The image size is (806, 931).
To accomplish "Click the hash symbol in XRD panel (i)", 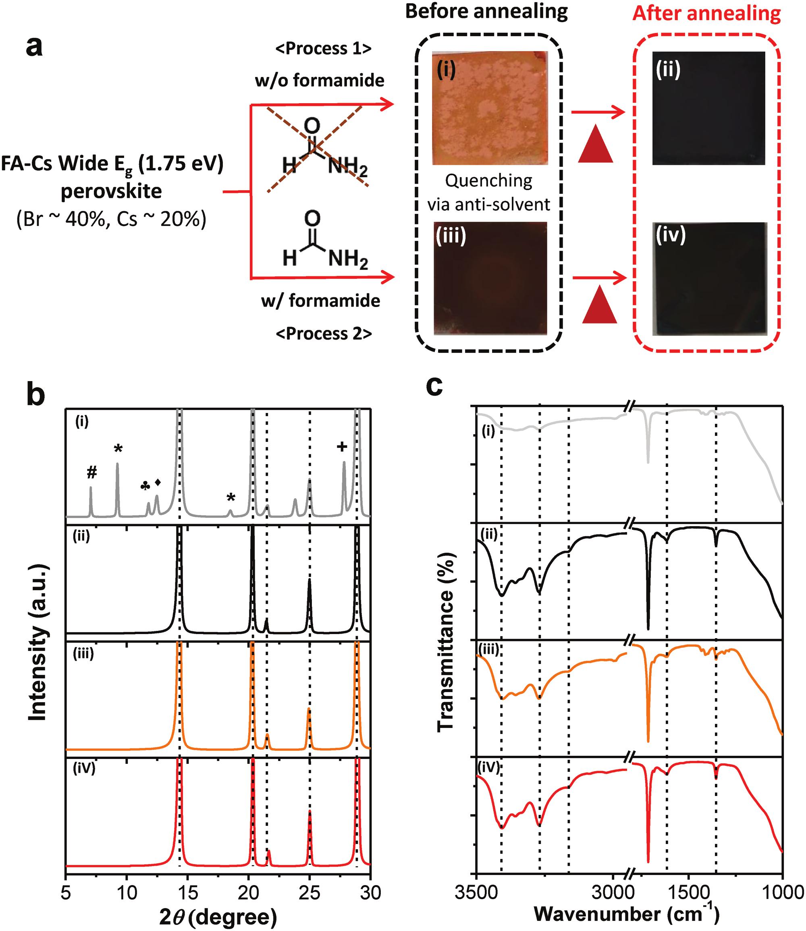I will tap(92, 473).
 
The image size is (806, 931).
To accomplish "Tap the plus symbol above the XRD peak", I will tap(342, 446).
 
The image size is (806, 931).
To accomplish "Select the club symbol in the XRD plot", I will tap(145, 486).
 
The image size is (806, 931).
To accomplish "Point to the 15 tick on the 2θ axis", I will tap(187, 892).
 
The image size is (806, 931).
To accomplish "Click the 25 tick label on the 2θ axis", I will tap(310, 892).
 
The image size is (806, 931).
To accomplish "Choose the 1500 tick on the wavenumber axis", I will tap(687, 892).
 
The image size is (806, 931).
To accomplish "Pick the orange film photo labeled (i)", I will tap(490, 108).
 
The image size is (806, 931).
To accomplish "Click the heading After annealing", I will tap(706, 13).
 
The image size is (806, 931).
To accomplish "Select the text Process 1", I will tap(323, 48).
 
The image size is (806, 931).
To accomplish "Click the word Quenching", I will tap(488, 181).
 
